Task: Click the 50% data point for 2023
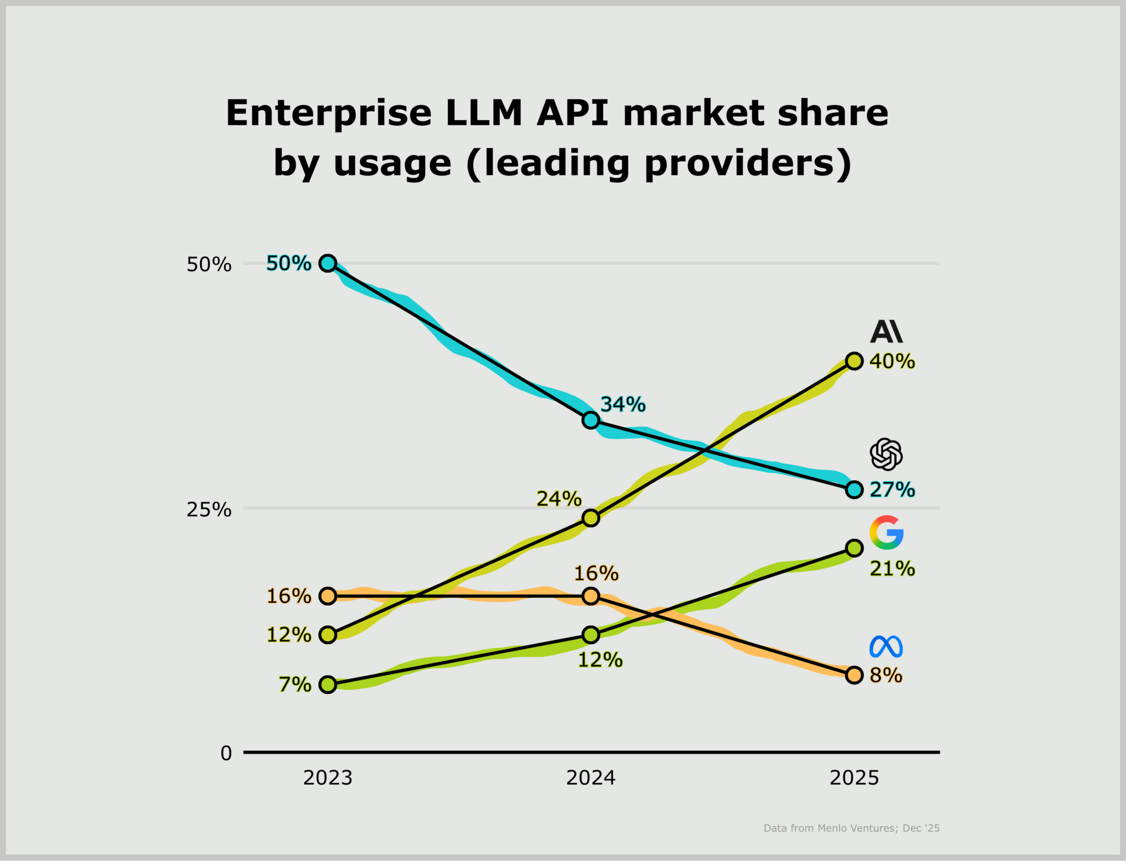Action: tap(328, 263)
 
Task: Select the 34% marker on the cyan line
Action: tap(591, 420)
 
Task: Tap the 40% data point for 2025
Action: tap(854, 361)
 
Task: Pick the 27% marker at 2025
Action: tap(854, 489)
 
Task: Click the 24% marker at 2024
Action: tap(591, 517)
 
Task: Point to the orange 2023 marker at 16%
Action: tap(328, 596)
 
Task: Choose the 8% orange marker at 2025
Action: tap(854, 674)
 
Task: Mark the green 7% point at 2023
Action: tap(328, 684)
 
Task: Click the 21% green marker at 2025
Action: tap(854, 548)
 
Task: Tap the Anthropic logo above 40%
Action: tap(886, 331)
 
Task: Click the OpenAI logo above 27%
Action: tap(886, 454)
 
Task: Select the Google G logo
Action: tap(886, 533)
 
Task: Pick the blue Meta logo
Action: tap(886, 646)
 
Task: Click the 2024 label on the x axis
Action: tap(591, 778)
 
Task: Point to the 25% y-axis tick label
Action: tap(209, 509)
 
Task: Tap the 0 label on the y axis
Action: tap(226, 753)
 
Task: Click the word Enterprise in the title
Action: tap(328, 113)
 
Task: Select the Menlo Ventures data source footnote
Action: tap(852, 828)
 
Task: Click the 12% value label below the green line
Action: tap(601, 660)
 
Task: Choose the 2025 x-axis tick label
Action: tap(854, 778)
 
